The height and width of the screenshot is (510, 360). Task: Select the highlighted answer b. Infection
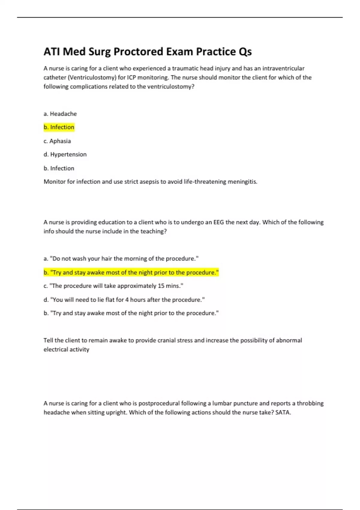(59, 127)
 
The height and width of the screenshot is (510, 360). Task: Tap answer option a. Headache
(60, 114)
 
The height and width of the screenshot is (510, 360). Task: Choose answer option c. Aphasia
(57, 141)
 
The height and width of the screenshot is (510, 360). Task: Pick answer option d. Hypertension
(65, 154)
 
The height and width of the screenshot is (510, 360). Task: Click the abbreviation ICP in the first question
(131, 77)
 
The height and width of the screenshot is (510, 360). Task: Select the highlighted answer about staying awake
(131, 272)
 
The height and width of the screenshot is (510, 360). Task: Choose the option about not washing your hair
(121, 259)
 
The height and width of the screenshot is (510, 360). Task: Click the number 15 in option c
(161, 286)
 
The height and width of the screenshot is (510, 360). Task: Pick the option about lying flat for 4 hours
(124, 300)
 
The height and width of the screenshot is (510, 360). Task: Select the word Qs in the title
(245, 52)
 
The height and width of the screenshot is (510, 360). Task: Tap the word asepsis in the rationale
(149, 182)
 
